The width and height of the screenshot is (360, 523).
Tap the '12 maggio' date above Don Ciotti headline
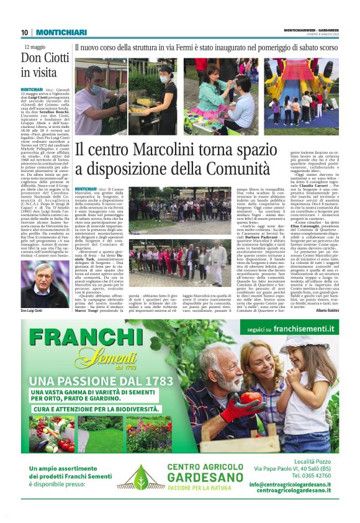(x=35, y=47)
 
